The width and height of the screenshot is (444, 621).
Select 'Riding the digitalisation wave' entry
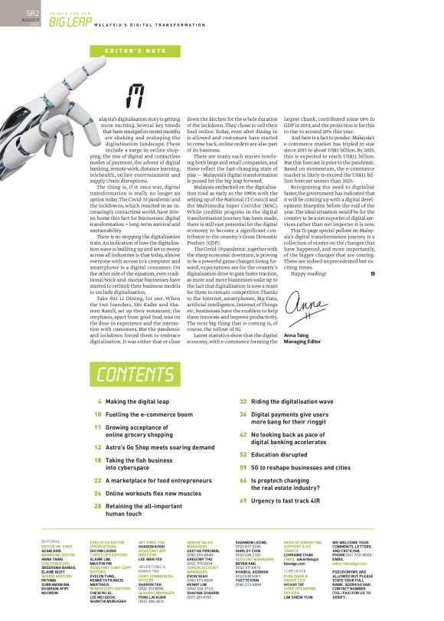click(303, 401)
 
